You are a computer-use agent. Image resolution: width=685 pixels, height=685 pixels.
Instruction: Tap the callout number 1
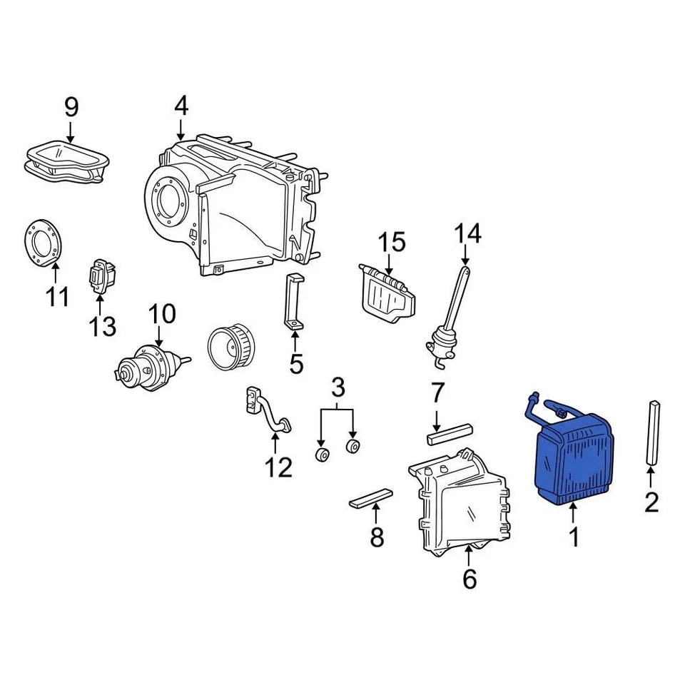pyautogui.click(x=574, y=536)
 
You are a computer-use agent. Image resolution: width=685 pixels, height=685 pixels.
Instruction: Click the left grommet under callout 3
pyautogui.click(x=322, y=455)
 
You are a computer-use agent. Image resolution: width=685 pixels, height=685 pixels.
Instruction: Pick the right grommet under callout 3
pyautogui.click(x=352, y=447)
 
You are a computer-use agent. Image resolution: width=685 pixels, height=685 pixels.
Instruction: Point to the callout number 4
pyautogui.click(x=181, y=106)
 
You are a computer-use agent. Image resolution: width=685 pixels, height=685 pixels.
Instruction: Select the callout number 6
pyautogui.click(x=469, y=579)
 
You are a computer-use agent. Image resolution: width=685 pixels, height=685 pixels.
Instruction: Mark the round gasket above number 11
pyautogui.click(x=44, y=243)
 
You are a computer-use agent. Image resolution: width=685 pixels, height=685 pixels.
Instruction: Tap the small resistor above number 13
pyautogui.click(x=101, y=275)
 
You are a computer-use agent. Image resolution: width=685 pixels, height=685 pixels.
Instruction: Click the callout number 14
pyautogui.click(x=467, y=233)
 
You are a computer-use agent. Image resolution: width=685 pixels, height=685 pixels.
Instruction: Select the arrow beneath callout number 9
pyautogui.click(x=70, y=130)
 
